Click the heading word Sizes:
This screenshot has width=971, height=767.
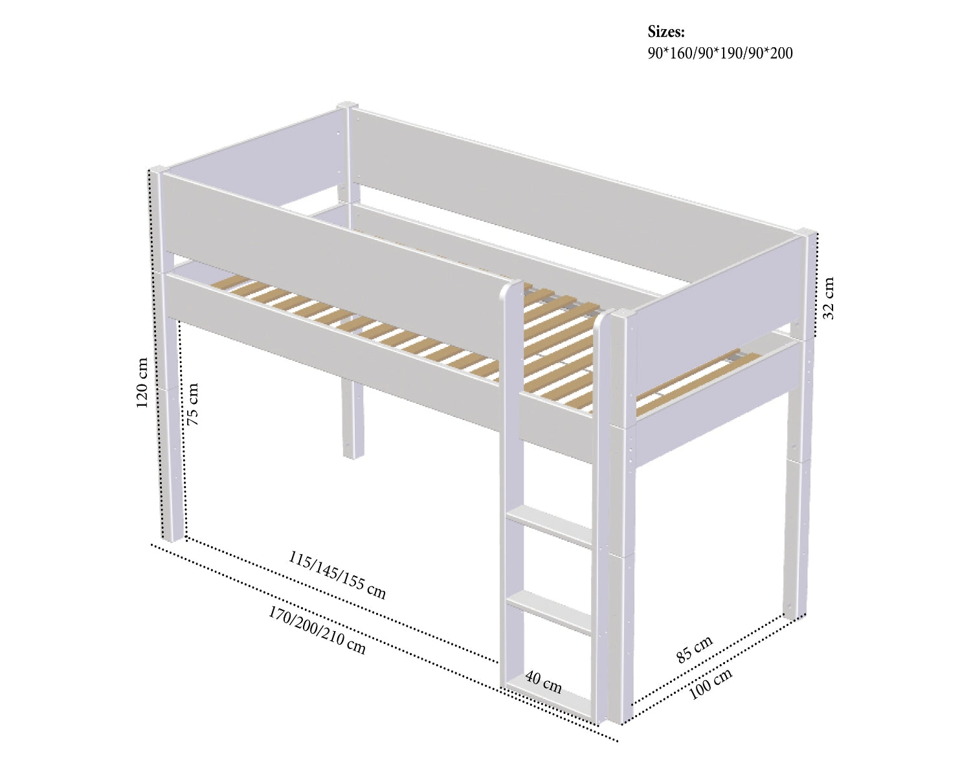point(666,32)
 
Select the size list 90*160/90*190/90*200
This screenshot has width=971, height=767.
point(720,53)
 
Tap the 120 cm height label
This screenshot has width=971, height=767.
point(142,383)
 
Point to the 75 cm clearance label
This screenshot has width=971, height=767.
point(193,404)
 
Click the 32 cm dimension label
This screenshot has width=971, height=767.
point(829,298)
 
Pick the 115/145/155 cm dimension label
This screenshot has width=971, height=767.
point(337,575)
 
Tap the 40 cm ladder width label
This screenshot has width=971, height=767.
point(544,683)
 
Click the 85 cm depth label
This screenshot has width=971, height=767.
point(694,649)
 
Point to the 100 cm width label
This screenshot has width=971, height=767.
point(710,684)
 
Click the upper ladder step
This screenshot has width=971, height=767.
point(550,526)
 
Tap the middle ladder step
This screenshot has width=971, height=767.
point(550,613)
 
